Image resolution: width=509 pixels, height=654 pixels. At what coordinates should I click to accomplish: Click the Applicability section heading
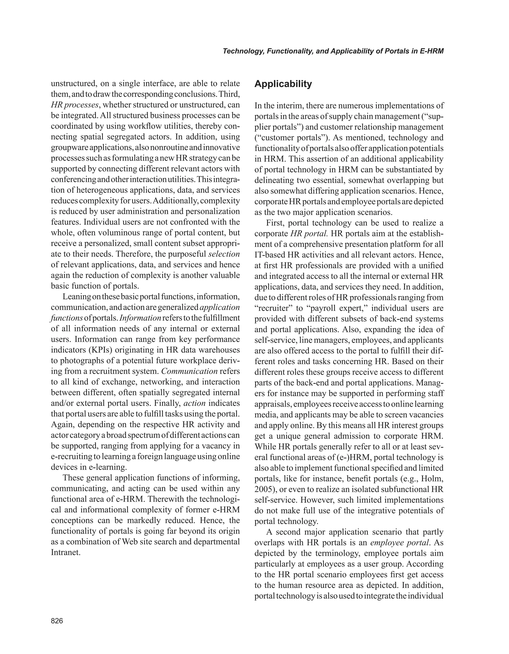(283, 84)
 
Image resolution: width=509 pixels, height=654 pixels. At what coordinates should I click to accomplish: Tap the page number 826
(57, 621)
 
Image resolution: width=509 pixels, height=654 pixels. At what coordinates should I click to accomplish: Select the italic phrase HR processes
(75, 105)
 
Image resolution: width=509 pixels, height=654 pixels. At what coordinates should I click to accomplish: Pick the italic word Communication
(189, 371)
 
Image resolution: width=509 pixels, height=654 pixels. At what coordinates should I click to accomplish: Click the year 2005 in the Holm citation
(263, 489)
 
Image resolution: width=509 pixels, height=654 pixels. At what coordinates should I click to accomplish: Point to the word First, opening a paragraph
(275, 223)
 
